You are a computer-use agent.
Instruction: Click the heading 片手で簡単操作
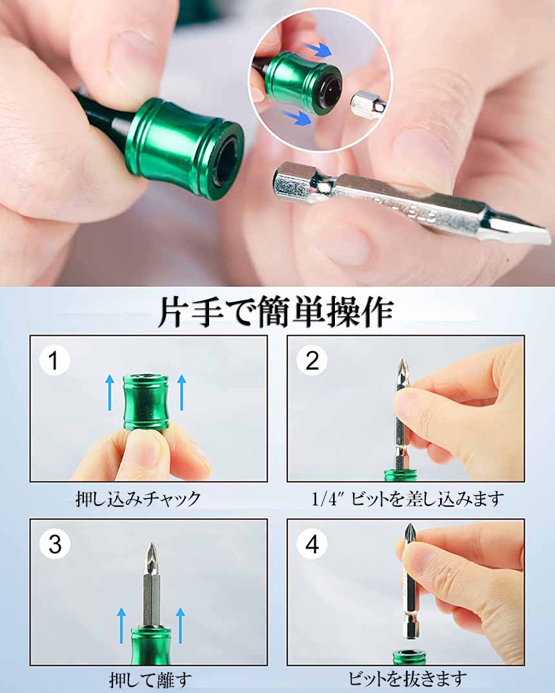(276, 312)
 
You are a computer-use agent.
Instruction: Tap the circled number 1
(54, 360)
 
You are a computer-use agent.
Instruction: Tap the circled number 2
(312, 360)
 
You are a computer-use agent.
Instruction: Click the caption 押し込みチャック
(138, 499)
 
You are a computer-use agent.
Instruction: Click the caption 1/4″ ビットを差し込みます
(407, 499)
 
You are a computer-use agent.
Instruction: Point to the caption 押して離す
(150, 680)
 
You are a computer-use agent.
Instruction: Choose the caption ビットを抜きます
(407, 678)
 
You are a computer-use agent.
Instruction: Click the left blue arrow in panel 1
(110, 393)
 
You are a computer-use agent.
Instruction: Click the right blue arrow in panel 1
(181, 393)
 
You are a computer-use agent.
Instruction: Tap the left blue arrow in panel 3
(121, 625)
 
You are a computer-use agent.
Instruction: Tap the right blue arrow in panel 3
(179, 625)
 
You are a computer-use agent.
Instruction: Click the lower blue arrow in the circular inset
(296, 117)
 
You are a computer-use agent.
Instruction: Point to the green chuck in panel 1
(146, 402)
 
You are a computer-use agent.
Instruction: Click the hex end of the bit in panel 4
(411, 626)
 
